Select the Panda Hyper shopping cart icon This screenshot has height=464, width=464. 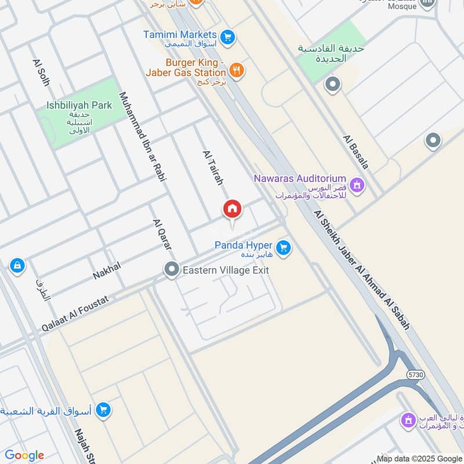coord(283,248)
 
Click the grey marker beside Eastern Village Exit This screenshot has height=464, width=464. coord(171,269)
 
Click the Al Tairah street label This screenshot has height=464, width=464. coord(213,168)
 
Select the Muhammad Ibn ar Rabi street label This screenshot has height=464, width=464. coord(143,136)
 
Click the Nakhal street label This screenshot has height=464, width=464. coord(107,270)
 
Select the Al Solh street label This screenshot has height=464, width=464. coord(41,72)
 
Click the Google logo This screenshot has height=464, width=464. coord(24,455)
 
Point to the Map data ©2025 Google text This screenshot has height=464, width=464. coord(419,458)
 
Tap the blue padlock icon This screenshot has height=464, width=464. coord(17,266)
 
